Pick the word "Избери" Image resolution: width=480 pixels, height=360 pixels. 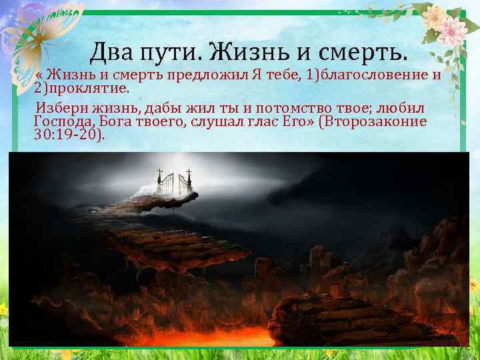click(60, 107)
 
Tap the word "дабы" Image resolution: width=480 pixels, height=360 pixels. click(161, 107)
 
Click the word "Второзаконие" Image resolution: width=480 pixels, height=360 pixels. click(383, 121)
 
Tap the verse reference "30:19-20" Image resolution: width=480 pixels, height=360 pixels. click(66, 135)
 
